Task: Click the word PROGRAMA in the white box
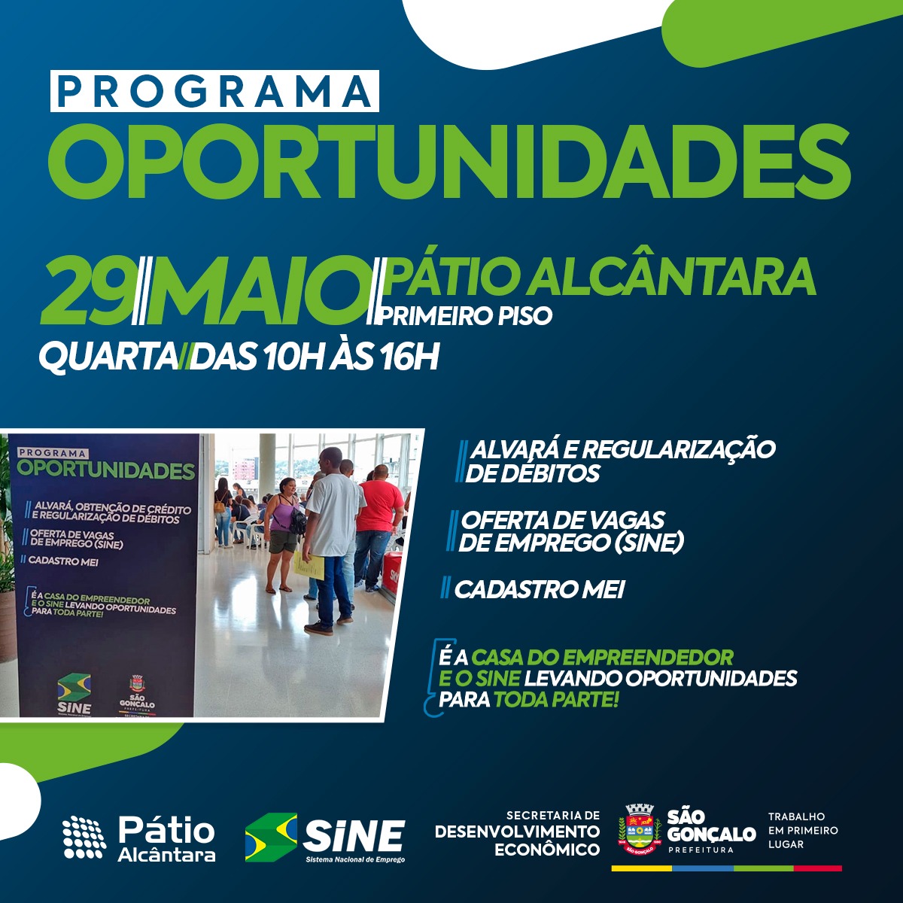[214, 91]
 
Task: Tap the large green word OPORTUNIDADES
[449, 162]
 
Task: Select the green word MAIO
[257, 290]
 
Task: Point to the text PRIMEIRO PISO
[464, 316]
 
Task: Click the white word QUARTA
[108, 357]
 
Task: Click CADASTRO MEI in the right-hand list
[539, 589]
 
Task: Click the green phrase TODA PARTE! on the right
[556, 700]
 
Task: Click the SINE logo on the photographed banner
[74, 695]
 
